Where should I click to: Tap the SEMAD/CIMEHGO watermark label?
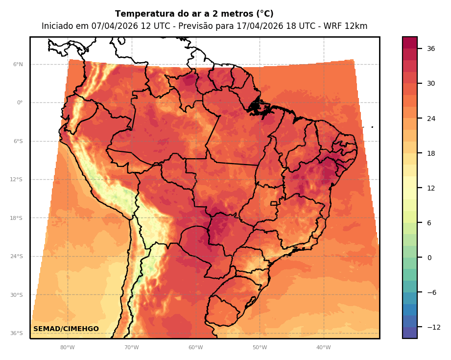(x=66, y=329)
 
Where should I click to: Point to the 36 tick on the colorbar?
(x=431, y=48)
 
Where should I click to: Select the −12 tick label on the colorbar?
(x=433, y=327)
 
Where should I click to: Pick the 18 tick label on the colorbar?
(x=431, y=153)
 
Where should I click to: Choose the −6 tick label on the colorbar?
(x=431, y=292)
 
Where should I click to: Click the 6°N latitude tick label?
(x=18, y=64)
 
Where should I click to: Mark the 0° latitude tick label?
(x=20, y=103)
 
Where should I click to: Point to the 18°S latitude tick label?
(x=17, y=218)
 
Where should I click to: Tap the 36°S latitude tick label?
(x=17, y=334)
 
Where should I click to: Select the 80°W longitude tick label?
(x=68, y=348)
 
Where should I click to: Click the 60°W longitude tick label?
(x=195, y=348)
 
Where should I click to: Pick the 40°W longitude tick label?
(x=324, y=348)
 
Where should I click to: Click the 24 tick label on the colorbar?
(x=431, y=119)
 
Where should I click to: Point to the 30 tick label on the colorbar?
(x=431, y=83)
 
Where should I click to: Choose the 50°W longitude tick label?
(x=260, y=348)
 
